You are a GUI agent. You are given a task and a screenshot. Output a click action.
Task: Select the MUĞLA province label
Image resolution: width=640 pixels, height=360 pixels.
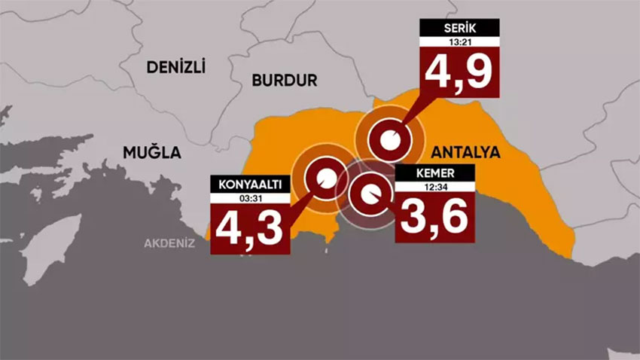[x=152, y=152]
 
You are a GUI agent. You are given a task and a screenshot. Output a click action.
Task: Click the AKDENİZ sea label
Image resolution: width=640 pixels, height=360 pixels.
[x=170, y=243]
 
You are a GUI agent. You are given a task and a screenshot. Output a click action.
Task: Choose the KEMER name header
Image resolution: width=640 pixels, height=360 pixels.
[x=434, y=173]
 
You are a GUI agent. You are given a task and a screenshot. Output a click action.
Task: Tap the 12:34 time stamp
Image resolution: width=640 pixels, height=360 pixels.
[x=434, y=185]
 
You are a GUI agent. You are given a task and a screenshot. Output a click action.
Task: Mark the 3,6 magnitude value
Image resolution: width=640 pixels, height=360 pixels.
[x=434, y=215]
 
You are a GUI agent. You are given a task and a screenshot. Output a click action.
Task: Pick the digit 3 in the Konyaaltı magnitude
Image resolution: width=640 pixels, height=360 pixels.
[x=272, y=228]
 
